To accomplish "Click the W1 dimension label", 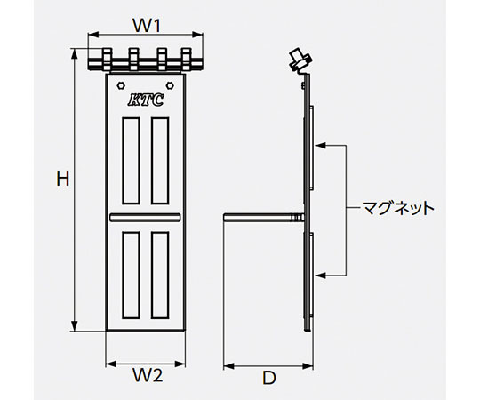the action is pyautogui.click(x=147, y=26).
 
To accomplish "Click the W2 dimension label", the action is pyautogui.click(x=147, y=375).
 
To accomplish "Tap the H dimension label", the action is pyautogui.click(x=63, y=179).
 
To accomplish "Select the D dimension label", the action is pyautogui.click(x=269, y=378).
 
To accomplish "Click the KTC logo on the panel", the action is pyautogui.click(x=146, y=100).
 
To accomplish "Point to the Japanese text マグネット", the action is pyautogui.click(x=398, y=209).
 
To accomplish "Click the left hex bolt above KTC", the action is pyautogui.click(x=121, y=85).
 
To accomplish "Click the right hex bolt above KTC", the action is pyautogui.click(x=170, y=85).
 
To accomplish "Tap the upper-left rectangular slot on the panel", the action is pyautogui.click(x=131, y=161).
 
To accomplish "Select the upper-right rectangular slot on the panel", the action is pyautogui.click(x=160, y=161).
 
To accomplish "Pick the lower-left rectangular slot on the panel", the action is pyautogui.click(x=131, y=275).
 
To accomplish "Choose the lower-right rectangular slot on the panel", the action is pyautogui.click(x=160, y=275).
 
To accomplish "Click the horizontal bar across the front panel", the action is pyautogui.click(x=145, y=217).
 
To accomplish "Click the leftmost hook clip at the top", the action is pyautogui.click(x=107, y=59).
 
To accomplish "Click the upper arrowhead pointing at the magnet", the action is pyautogui.click(x=320, y=146).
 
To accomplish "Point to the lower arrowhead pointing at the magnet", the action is pyautogui.click(x=320, y=276).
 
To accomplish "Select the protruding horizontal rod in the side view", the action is pyautogui.click(x=264, y=217).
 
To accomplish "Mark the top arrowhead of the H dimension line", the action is pyautogui.click(x=74, y=53).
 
